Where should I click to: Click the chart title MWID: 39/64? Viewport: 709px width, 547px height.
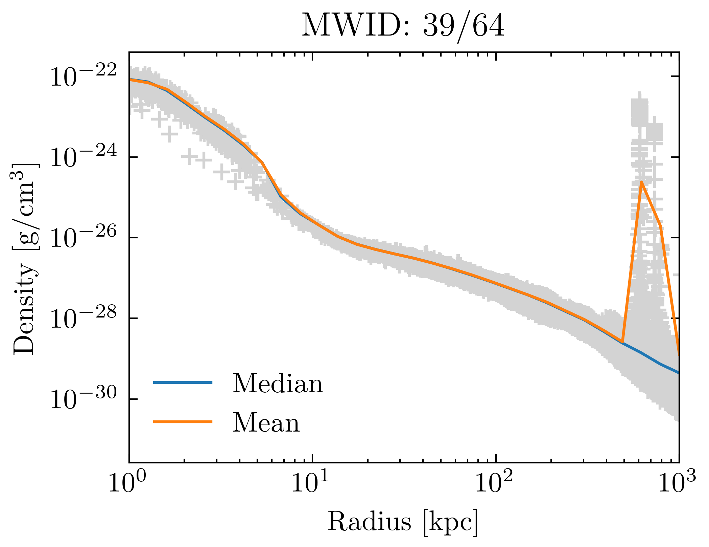click(403, 26)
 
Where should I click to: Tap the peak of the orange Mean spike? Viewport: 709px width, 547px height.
click(641, 182)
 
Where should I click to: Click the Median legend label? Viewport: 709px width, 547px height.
click(277, 384)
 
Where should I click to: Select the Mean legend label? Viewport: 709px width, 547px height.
click(266, 423)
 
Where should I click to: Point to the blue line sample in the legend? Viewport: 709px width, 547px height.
click(183, 382)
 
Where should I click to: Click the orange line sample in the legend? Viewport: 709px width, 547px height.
click(183, 422)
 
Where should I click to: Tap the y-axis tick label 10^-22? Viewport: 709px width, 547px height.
click(83, 76)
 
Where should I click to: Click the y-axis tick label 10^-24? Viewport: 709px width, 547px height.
click(83, 157)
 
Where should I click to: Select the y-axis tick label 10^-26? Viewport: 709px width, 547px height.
click(83, 238)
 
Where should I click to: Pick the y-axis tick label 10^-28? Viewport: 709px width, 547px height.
click(83, 318)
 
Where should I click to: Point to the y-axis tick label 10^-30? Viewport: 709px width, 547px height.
click(83, 399)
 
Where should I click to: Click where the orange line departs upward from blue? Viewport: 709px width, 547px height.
click(622, 343)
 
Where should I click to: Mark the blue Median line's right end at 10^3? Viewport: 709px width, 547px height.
click(678, 372)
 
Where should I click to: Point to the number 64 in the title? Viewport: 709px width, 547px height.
click(488, 26)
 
